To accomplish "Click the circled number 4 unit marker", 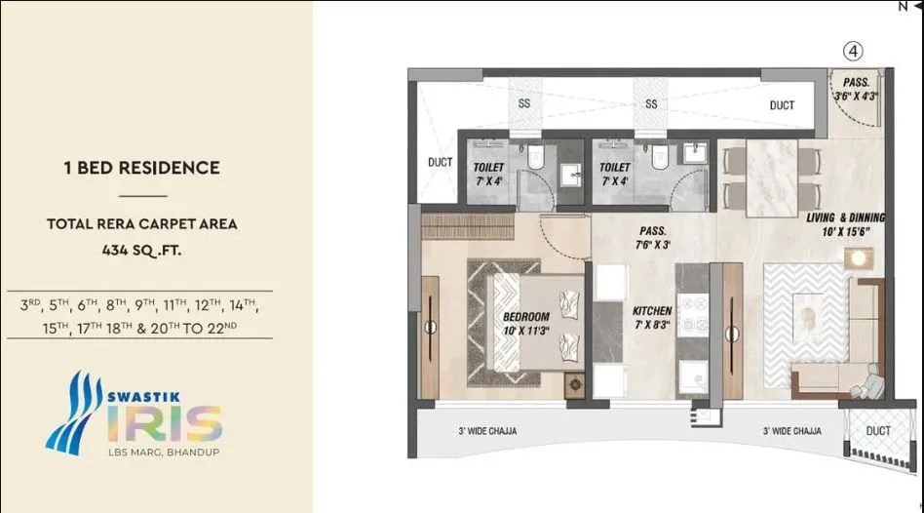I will (853, 51).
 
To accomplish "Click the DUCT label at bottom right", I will (877, 430).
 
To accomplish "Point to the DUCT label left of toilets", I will (441, 163).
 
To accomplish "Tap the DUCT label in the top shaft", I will (781, 105).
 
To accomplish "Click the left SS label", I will (525, 104).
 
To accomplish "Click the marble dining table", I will (771, 178).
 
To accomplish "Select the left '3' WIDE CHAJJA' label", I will (487, 430).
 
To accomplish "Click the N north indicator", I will (903, 6).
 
